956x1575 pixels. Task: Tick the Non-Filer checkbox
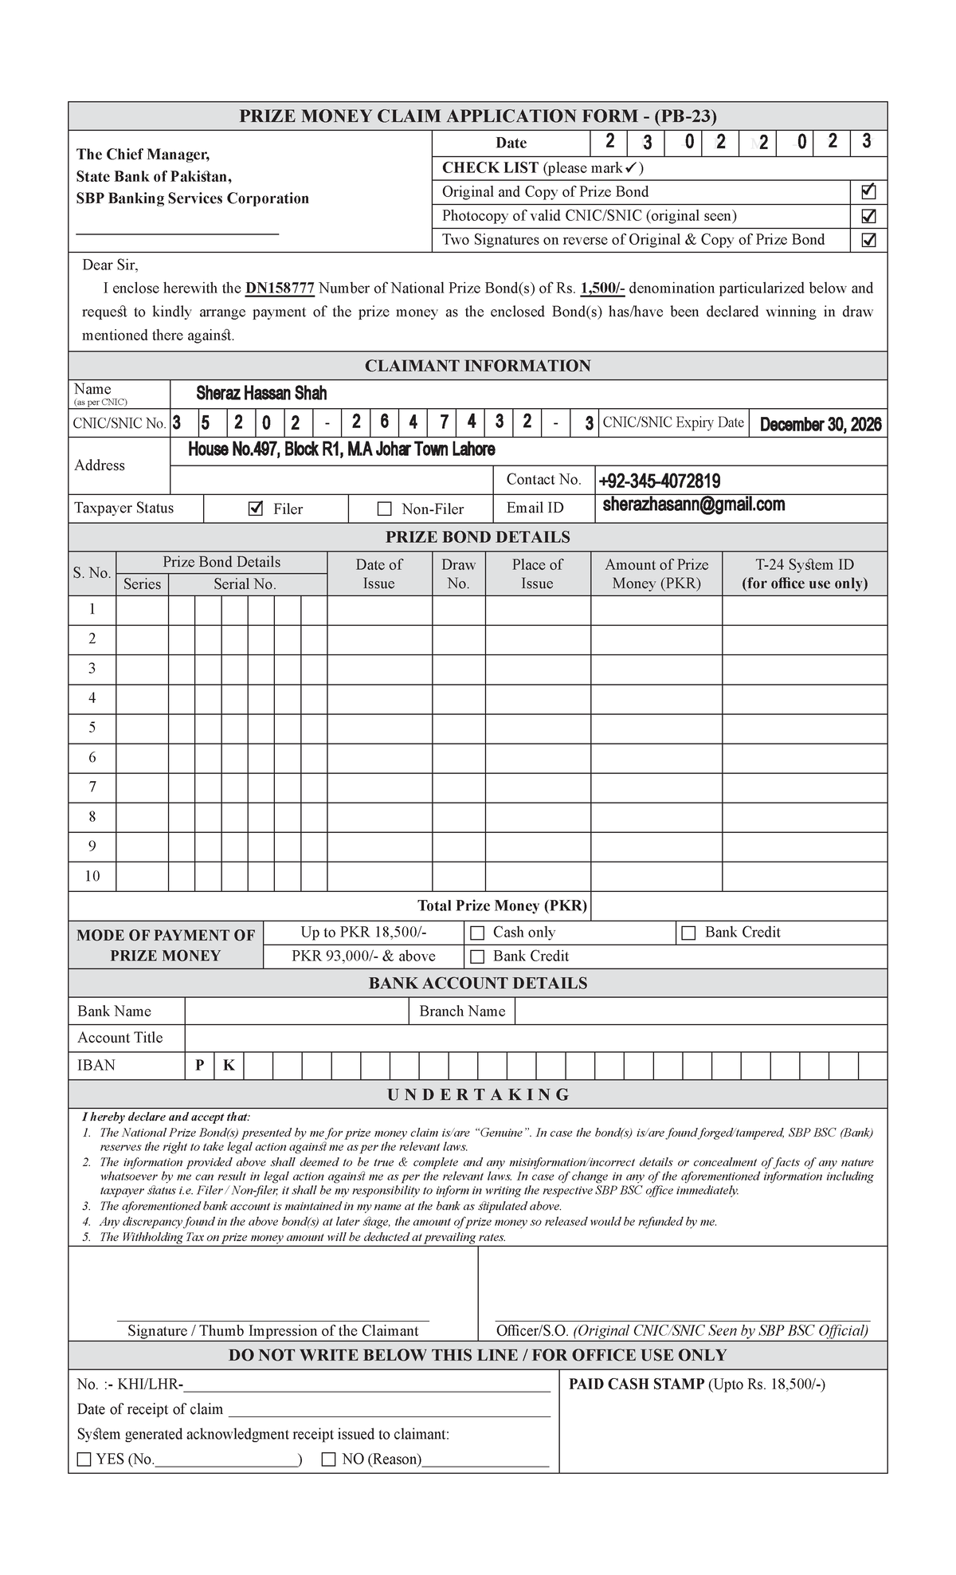[x=385, y=509]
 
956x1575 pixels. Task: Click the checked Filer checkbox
[x=255, y=509]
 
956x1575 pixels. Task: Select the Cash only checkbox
[x=477, y=933]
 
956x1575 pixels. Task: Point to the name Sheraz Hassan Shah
[x=261, y=394]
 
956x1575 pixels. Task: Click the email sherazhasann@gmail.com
[x=693, y=505]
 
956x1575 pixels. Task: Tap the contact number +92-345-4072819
[x=659, y=481]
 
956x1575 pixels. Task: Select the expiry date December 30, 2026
[x=820, y=424]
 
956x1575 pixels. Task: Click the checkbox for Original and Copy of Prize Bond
[x=868, y=192]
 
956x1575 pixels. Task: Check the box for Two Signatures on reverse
[x=868, y=240]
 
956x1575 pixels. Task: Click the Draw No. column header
[x=458, y=573]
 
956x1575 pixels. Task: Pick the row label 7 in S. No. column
[x=92, y=787]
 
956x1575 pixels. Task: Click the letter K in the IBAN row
[x=229, y=1066]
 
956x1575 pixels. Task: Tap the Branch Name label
[x=462, y=1011]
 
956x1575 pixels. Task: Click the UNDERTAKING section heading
[x=478, y=1094]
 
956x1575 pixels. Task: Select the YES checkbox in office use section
[x=84, y=1459]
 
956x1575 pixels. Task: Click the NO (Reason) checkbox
[x=328, y=1459]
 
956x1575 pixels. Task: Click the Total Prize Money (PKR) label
[x=502, y=905]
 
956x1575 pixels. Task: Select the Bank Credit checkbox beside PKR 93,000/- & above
[x=477, y=956]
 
